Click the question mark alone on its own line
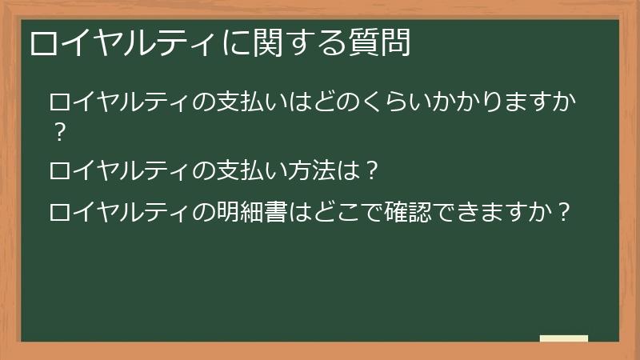point(57,132)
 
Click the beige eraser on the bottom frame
point(564,338)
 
